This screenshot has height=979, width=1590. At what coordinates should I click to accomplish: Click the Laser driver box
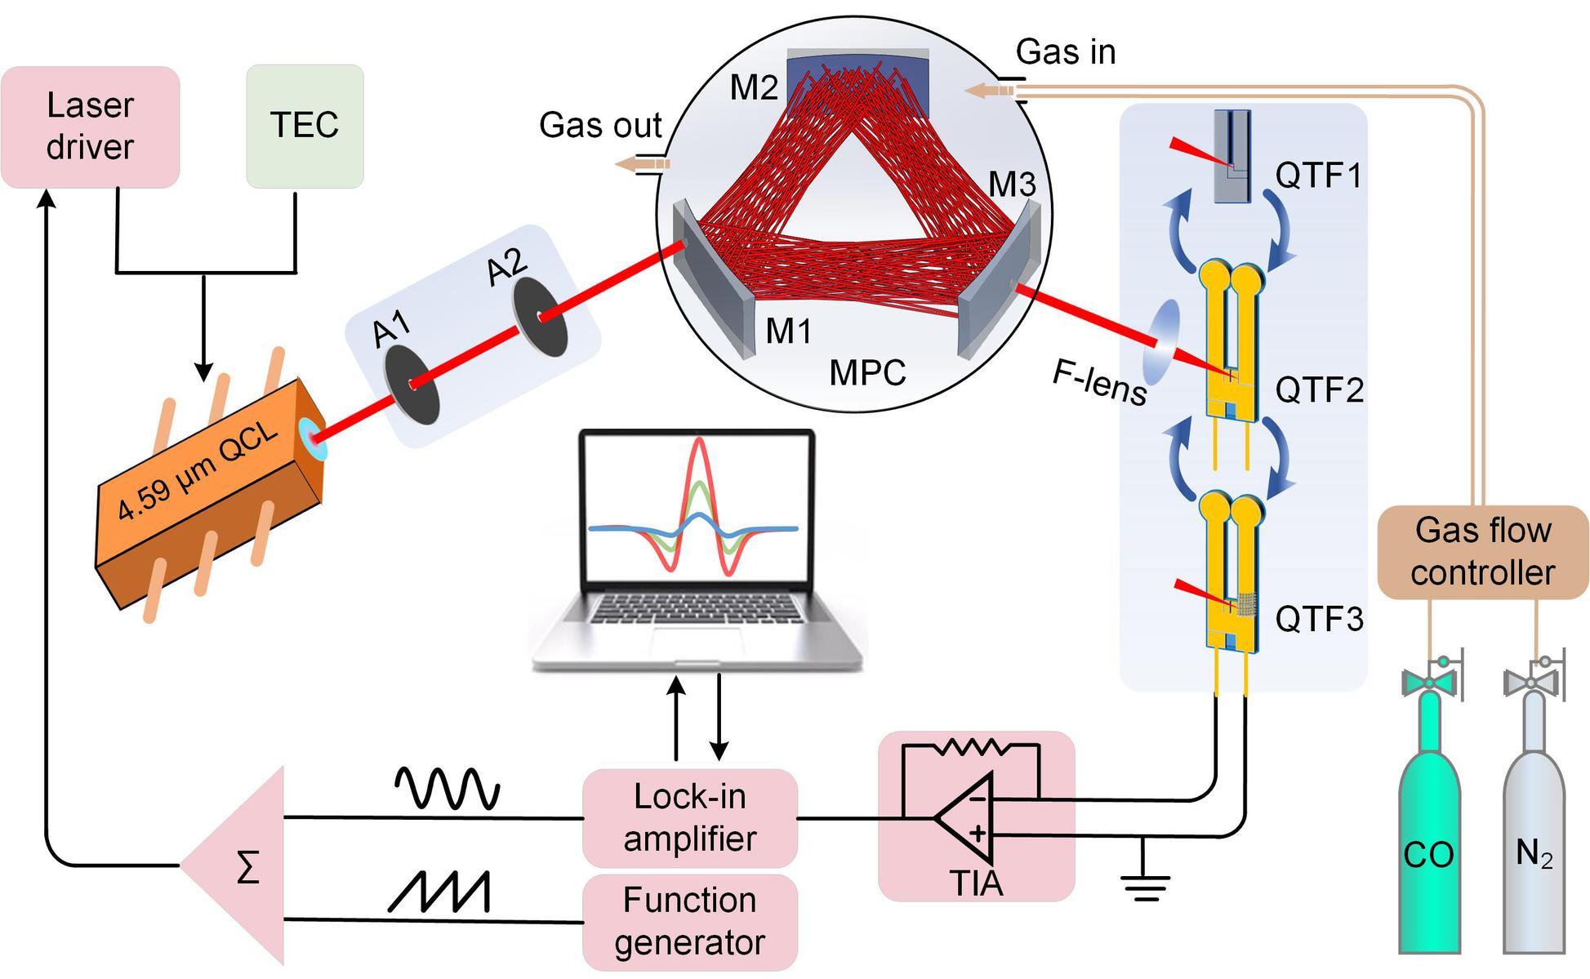90,127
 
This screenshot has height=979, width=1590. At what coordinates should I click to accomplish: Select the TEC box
305,126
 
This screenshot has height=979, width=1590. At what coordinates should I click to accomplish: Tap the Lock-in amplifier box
689,817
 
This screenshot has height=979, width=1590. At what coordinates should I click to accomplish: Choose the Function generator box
689,922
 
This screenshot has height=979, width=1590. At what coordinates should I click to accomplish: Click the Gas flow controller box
1482,552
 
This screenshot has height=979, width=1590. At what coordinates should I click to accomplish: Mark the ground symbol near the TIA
1145,886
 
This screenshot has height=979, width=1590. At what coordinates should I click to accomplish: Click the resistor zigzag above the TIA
973,746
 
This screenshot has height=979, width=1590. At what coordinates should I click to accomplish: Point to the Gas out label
600,125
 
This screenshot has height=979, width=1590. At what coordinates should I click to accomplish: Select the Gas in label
1065,52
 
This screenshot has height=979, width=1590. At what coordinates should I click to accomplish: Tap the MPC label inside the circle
867,373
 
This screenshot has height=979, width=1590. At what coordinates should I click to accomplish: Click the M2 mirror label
754,87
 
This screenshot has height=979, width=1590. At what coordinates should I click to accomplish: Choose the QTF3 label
1319,620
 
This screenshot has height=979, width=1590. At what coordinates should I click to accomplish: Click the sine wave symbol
447,789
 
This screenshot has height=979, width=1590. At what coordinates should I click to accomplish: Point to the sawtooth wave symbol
439,892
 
